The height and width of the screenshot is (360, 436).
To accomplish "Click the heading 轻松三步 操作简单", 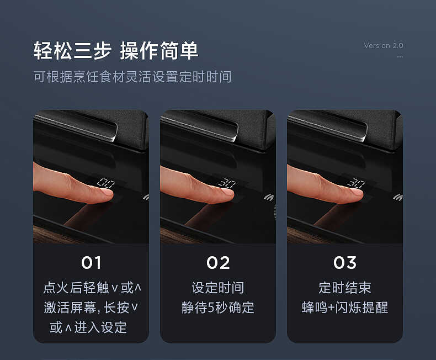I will pos(116,51).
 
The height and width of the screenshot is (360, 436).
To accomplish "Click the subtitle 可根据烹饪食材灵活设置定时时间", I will pos(132,77).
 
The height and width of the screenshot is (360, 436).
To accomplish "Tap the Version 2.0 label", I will pos(384,46).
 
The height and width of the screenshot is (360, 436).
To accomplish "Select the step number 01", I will pos(91,263).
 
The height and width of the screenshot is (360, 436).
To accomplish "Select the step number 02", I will pos(218,263).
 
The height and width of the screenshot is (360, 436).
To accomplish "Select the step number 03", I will pos(345,263).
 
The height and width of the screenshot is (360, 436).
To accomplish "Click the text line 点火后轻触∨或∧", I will pos(92,288).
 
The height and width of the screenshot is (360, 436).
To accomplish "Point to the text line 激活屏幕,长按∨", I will pos(92,308).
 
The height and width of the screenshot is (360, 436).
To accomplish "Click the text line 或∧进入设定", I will pos(88,327).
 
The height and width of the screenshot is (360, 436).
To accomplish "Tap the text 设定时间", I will pos(218,288).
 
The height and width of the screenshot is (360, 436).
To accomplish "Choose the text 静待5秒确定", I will pos(218,308).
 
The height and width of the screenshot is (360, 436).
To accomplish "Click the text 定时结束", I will pos(345,288).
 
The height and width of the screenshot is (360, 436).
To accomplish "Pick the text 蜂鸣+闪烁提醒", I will pos(345,308).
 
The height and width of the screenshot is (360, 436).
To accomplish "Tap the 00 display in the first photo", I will pos(105,182).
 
